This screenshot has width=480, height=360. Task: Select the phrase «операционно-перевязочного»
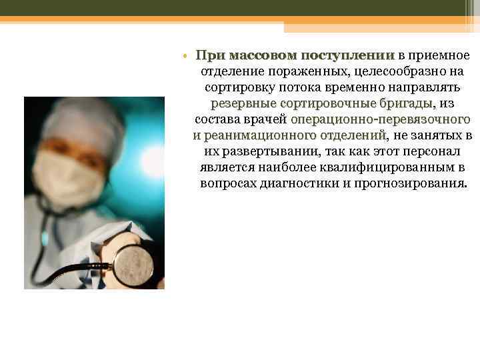[x=381, y=120]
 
